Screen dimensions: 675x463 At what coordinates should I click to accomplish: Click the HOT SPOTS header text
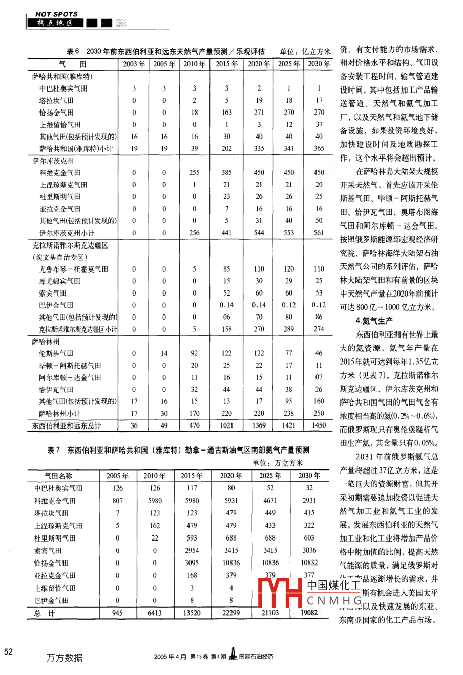[56, 14]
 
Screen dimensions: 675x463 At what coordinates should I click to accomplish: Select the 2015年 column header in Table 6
[226, 64]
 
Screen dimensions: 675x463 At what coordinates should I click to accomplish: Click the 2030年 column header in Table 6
[319, 64]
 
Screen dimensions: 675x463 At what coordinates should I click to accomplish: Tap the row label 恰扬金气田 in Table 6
[56, 112]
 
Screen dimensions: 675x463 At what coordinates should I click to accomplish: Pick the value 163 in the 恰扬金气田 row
[226, 112]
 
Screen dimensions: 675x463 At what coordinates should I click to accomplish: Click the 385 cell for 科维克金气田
[226, 173]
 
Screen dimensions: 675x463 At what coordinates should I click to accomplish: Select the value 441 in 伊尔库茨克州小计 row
[226, 233]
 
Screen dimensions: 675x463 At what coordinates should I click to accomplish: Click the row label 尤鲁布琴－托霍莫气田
[73, 269]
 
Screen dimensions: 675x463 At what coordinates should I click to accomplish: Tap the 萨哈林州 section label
[46, 341]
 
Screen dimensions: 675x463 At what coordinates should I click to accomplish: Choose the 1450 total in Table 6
[319, 425]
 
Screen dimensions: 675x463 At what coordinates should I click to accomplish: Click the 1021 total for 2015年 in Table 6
[226, 425]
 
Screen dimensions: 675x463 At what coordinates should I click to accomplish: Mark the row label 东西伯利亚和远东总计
[67, 425]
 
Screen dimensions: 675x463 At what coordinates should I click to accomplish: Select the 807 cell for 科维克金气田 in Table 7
[118, 501]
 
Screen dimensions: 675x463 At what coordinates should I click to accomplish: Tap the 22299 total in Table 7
[231, 613]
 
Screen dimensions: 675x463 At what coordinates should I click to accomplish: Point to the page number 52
[9, 651]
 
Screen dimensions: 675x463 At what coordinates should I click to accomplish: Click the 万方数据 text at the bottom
[64, 658]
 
